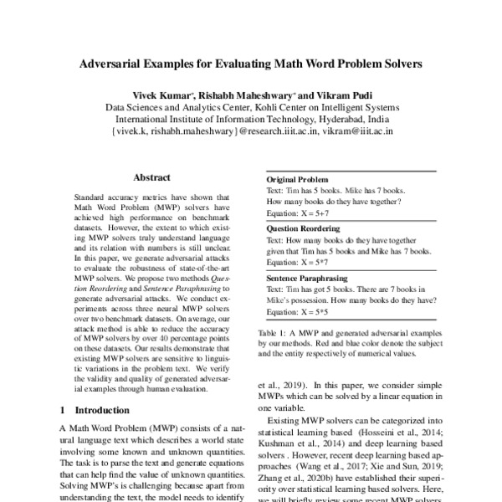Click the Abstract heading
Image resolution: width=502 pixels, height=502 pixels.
(152, 177)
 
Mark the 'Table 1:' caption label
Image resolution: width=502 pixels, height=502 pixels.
(272, 332)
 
